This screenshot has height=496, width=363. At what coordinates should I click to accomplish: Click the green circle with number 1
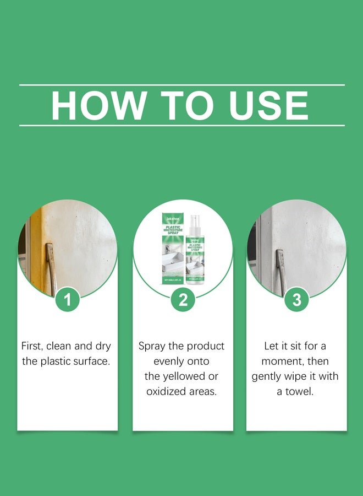[68, 300]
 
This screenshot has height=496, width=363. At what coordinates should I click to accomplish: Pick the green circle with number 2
[183, 300]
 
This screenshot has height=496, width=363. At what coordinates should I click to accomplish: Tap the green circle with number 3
[296, 300]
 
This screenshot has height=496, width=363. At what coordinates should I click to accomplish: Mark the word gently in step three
[269, 376]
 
